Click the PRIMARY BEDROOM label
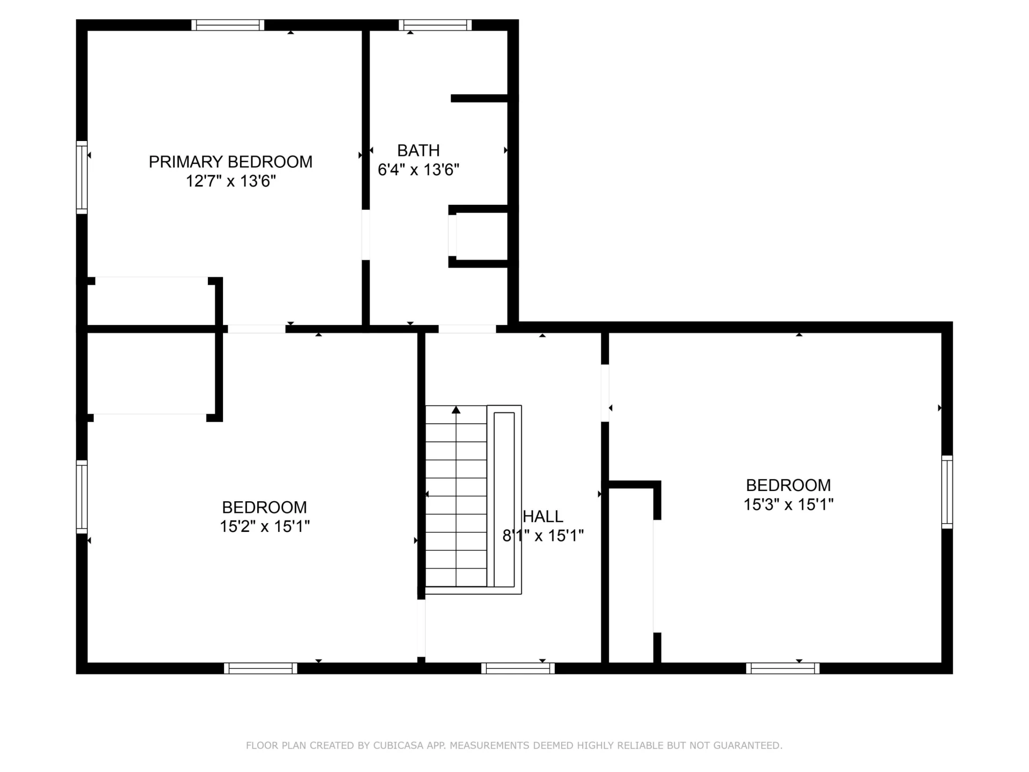point(230,162)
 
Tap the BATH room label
point(419,151)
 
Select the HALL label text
point(543,517)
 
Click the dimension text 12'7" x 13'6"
point(230,181)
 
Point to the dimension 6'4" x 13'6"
point(419,170)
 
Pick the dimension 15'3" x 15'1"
point(788,504)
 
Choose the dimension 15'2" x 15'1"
point(265,526)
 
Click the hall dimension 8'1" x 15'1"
point(543,536)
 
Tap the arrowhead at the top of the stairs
point(456,410)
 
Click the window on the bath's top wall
point(435,25)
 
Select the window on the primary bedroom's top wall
point(228,25)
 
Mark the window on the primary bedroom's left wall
point(81,177)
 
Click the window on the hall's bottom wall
point(518,669)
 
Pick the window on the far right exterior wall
point(948,492)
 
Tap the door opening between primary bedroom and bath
point(366,235)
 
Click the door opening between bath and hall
point(467,329)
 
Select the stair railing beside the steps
point(504,500)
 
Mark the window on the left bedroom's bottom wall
point(260,669)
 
